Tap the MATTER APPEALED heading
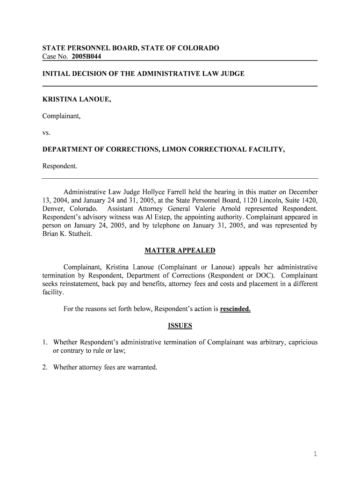point(180,250)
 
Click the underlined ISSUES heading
point(180,326)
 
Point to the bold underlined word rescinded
point(236,309)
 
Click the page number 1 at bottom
point(316,454)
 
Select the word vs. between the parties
point(46,132)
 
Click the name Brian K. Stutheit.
point(66,234)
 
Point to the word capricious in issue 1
point(302,342)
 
